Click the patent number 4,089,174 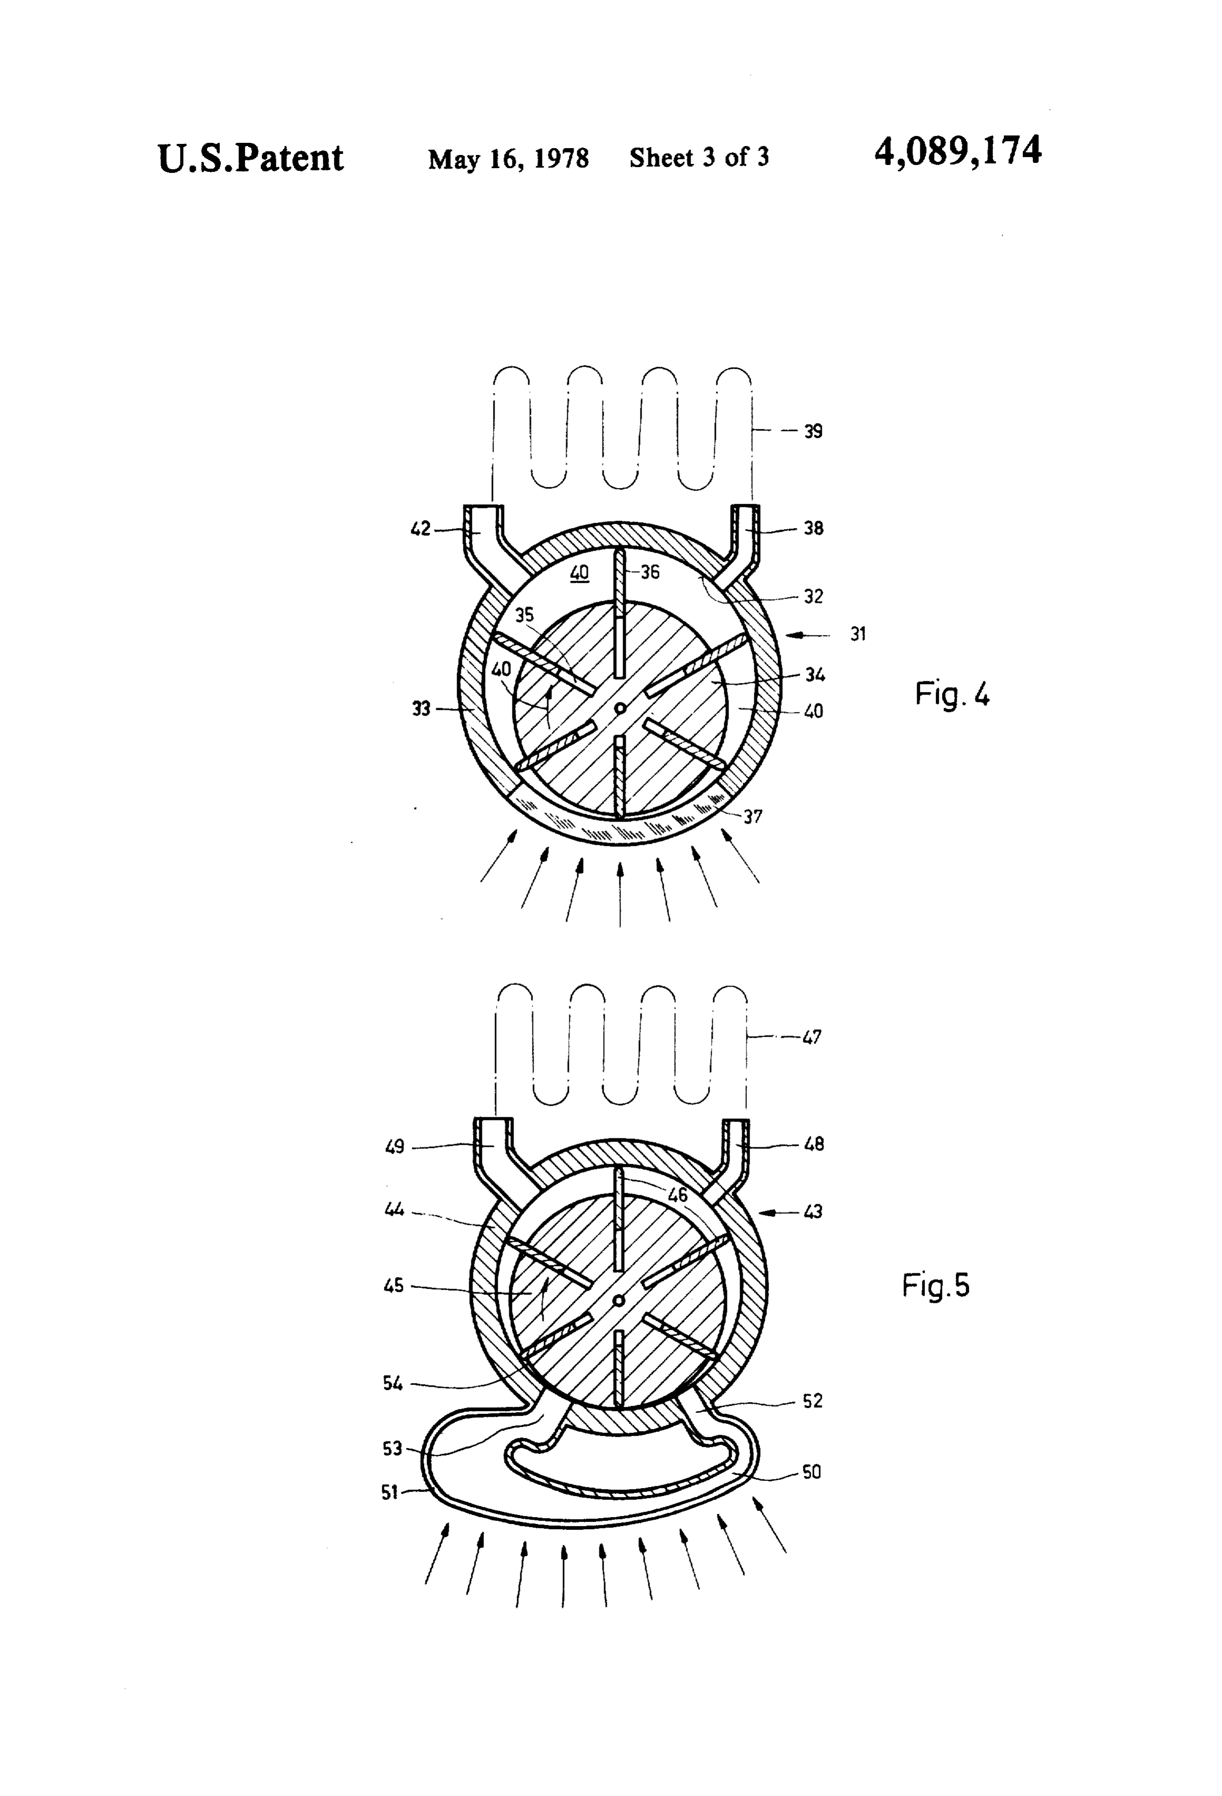pyautogui.click(x=958, y=151)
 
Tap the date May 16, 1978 pyautogui.click(x=508, y=159)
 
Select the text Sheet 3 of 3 pyautogui.click(x=699, y=158)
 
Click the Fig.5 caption pyautogui.click(x=935, y=1286)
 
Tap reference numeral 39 pyautogui.click(x=813, y=431)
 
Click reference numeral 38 pyautogui.click(x=813, y=528)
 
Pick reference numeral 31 pyautogui.click(x=858, y=633)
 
